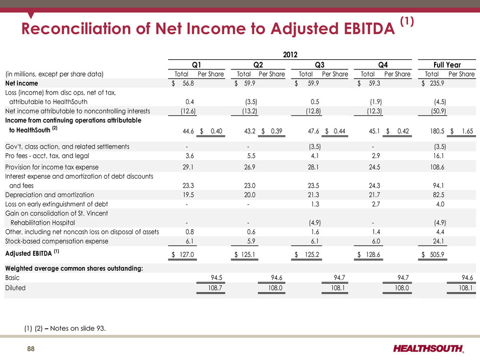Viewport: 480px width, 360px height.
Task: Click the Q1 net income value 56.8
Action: tap(188, 83)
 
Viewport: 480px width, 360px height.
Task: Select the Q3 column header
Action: tap(320, 65)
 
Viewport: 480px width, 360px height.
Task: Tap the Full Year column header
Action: tap(447, 65)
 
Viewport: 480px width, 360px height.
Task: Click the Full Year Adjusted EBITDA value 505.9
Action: tap(437, 254)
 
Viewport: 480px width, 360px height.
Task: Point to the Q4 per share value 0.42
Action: tap(403, 131)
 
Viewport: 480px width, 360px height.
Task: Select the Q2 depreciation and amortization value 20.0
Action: tap(250, 195)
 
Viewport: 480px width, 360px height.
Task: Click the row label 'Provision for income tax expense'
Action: tap(52, 167)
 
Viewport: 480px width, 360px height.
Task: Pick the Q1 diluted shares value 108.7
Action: tap(215, 288)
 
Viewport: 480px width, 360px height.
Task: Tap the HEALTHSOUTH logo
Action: tap(428, 348)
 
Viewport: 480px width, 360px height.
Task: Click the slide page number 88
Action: tap(31, 349)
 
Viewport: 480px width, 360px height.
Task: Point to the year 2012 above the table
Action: tap(290, 55)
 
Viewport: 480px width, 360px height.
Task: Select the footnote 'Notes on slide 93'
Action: tap(78, 328)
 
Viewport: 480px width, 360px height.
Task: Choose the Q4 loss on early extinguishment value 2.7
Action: tap(376, 204)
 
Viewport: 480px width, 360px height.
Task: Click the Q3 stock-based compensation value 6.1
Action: tap(315, 241)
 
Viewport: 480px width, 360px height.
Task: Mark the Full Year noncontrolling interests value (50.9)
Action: tap(438, 111)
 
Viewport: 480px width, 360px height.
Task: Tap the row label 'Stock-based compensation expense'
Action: tap(57, 241)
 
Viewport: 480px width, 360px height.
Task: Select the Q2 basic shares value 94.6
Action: tap(277, 278)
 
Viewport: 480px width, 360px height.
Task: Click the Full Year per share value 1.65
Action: tap(467, 131)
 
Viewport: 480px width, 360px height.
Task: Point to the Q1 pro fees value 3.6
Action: tap(190, 156)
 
